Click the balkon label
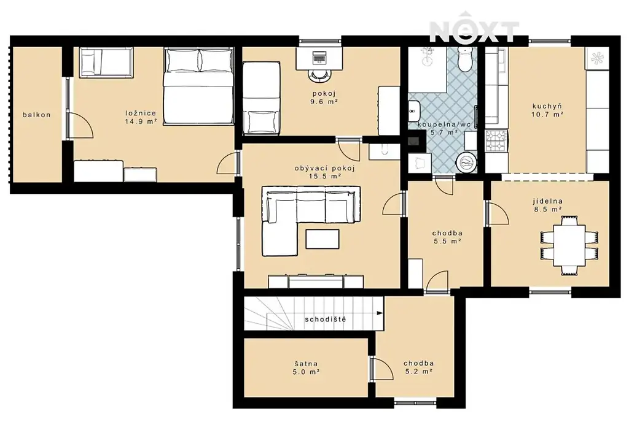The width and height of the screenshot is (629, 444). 36,115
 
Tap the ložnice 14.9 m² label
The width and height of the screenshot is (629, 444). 141,117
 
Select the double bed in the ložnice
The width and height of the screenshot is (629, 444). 198,86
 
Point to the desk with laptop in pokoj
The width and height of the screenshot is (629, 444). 319,58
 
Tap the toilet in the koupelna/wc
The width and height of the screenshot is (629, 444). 466,59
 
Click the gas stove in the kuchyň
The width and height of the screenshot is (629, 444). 496,141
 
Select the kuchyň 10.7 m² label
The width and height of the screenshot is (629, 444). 547,110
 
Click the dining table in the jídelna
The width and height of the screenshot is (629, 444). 569,245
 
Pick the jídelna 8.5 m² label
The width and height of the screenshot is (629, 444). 547,205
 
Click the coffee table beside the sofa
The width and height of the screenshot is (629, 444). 322,239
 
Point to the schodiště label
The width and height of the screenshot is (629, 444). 326,320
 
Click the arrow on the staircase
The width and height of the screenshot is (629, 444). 378,313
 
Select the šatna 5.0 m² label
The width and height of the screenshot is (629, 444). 306,367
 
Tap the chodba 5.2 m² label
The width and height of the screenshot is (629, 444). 418,367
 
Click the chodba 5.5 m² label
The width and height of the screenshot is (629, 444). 447,237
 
